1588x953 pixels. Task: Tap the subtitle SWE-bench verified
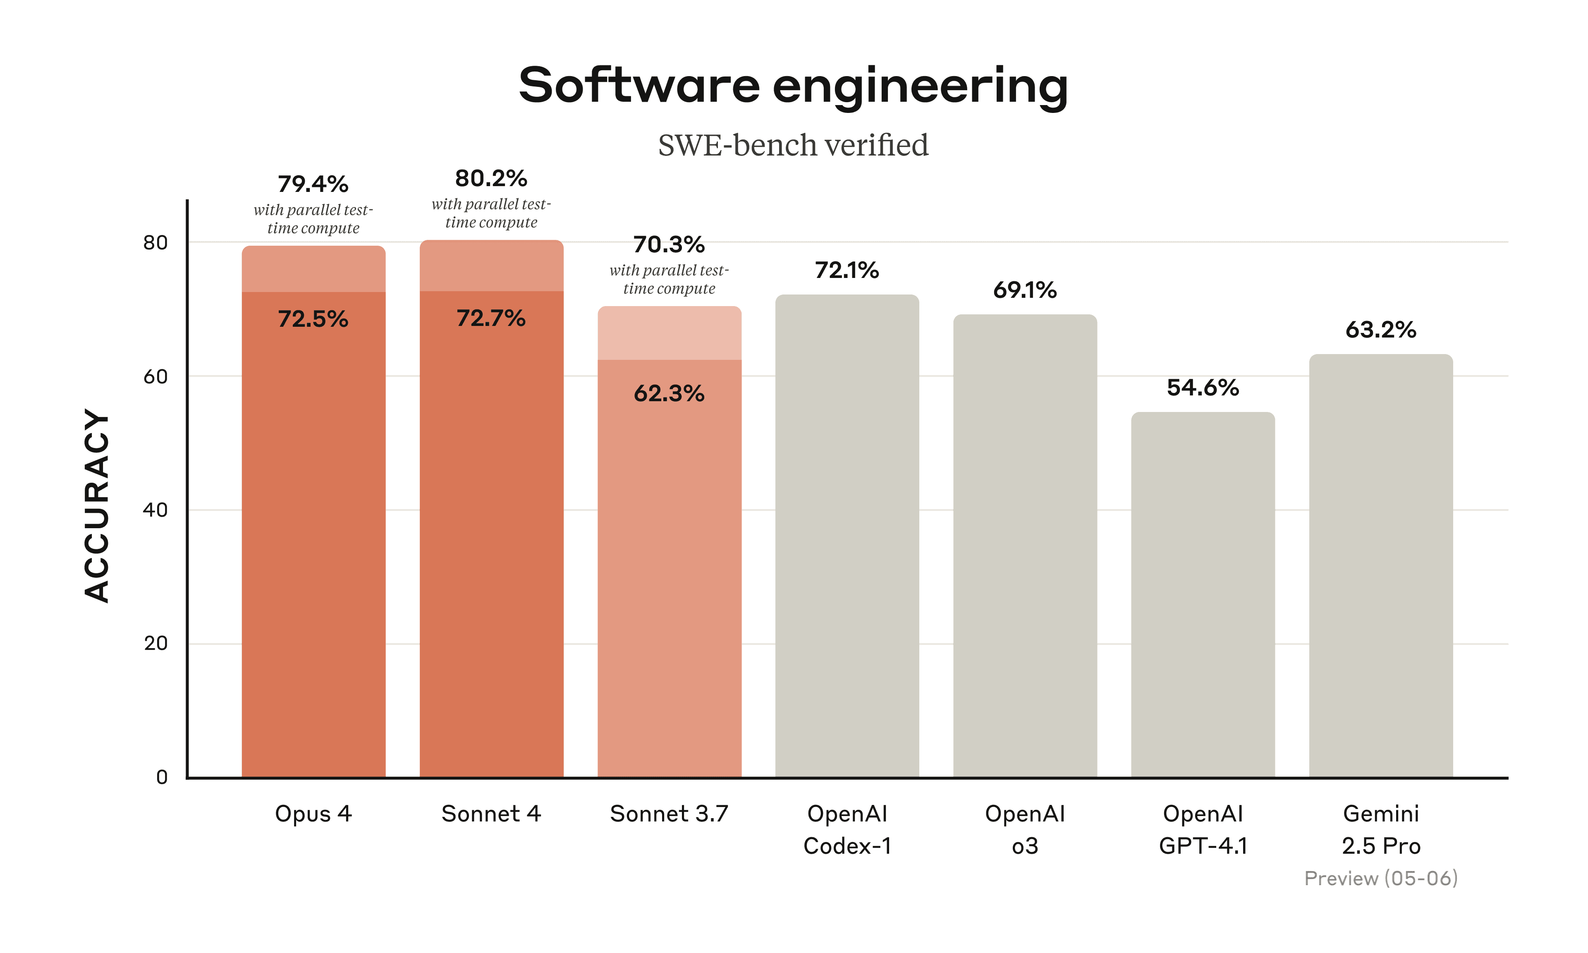[793, 145]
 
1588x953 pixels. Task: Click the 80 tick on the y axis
[155, 243]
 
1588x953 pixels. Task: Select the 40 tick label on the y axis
[155, 510]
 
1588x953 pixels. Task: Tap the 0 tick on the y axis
[162, 777]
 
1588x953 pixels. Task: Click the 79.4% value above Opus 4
[313, 184]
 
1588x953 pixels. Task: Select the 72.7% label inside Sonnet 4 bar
[491, 318]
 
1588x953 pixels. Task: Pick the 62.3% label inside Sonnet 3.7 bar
[669, 393]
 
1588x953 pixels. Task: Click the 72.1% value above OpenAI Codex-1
[847, 271]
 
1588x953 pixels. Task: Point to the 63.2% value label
[1381, 330]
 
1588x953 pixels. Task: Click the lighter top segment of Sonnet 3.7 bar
[669, 334]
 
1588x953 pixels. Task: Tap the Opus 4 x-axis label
[313, 814]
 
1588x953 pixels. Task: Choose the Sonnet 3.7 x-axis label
[669, 814]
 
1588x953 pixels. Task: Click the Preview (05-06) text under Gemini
[1381, 878]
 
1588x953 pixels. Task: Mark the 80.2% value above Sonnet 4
[491, 179]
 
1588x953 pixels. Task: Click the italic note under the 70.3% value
[669, 279]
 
